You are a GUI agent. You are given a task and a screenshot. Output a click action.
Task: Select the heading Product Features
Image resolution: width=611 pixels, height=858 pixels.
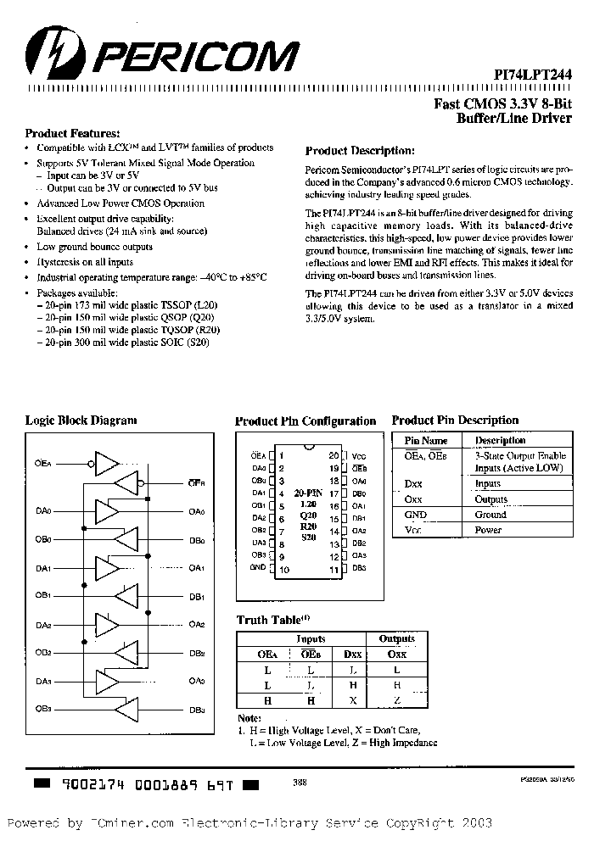point(72,133)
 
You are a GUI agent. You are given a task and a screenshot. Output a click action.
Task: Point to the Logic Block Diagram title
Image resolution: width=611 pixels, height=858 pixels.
point(81,420)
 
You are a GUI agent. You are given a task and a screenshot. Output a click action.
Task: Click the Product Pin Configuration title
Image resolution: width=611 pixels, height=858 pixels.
point(305,421)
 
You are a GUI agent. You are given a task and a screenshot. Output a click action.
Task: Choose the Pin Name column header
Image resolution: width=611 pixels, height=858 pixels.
point(425,440)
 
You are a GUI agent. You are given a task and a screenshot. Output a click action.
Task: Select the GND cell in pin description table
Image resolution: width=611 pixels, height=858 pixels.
point(416,515)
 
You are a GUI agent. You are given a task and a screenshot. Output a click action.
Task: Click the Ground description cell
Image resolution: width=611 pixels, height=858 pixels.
point(490,515)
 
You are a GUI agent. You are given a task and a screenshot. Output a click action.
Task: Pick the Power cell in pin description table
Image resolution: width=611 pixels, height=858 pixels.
point(488,530)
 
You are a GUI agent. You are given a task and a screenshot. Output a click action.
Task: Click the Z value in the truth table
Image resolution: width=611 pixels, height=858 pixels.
point(395,700)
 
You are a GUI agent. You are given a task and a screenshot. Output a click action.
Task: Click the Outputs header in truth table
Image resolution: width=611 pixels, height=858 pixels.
point(396,639)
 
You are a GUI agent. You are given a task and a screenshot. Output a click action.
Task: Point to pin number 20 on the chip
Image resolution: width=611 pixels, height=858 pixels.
point(334,455)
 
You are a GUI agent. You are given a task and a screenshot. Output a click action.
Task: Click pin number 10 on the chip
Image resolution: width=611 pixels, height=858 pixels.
point(284,570)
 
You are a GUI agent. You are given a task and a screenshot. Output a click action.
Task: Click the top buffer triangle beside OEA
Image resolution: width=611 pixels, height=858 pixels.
point(109,463)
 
